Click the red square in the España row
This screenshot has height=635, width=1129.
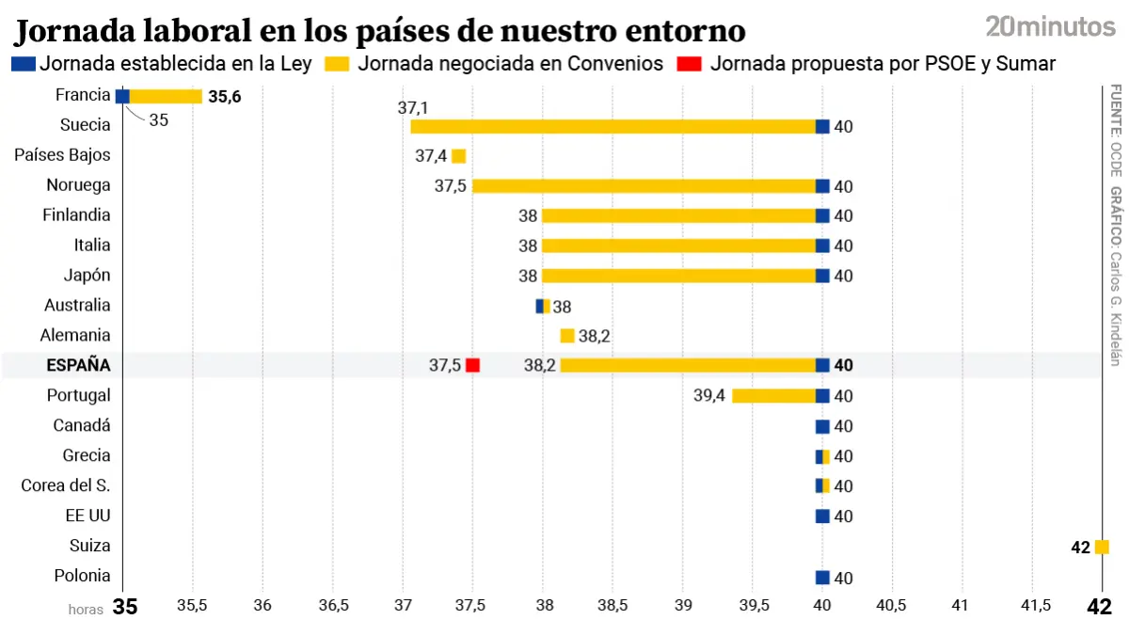pyautogui.click(x=472, y=365)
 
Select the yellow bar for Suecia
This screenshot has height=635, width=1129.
pyautogui.click(x=612, y=126)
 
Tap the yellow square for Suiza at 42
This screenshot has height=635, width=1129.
pyautogui.click(x=1102, y=547)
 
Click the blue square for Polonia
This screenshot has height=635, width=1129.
pyautogui.click(x=822, y=577)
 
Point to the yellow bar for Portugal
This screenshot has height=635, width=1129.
pyautogui.click(x=773, y=396)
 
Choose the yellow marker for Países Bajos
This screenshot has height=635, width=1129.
pyautogui.click(x=458, y=156)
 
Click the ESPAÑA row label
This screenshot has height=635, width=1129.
pyautogui.click(x=78, y=365)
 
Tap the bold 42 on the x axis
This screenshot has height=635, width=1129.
pyautogui.click(x=1099, y=607)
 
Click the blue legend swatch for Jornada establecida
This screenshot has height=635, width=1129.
pyautogui.click(x=24, y=64)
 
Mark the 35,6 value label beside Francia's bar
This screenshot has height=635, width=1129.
pyautogui.click(x=225, y=96)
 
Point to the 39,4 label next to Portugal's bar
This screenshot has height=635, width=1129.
pyautogui.click(x=709, y=396)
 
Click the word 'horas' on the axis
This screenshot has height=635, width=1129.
pyautogui.click(x=86, y=609)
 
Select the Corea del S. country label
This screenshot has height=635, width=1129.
pyautogui.click(x=66, y=485)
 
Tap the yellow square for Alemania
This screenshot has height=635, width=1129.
pyautogui.click(x=567, y=336)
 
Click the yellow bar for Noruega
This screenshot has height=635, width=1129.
pyautogui.click(x=644, y=186)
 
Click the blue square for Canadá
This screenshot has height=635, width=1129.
pyautogui.click(x=822, y=426)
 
